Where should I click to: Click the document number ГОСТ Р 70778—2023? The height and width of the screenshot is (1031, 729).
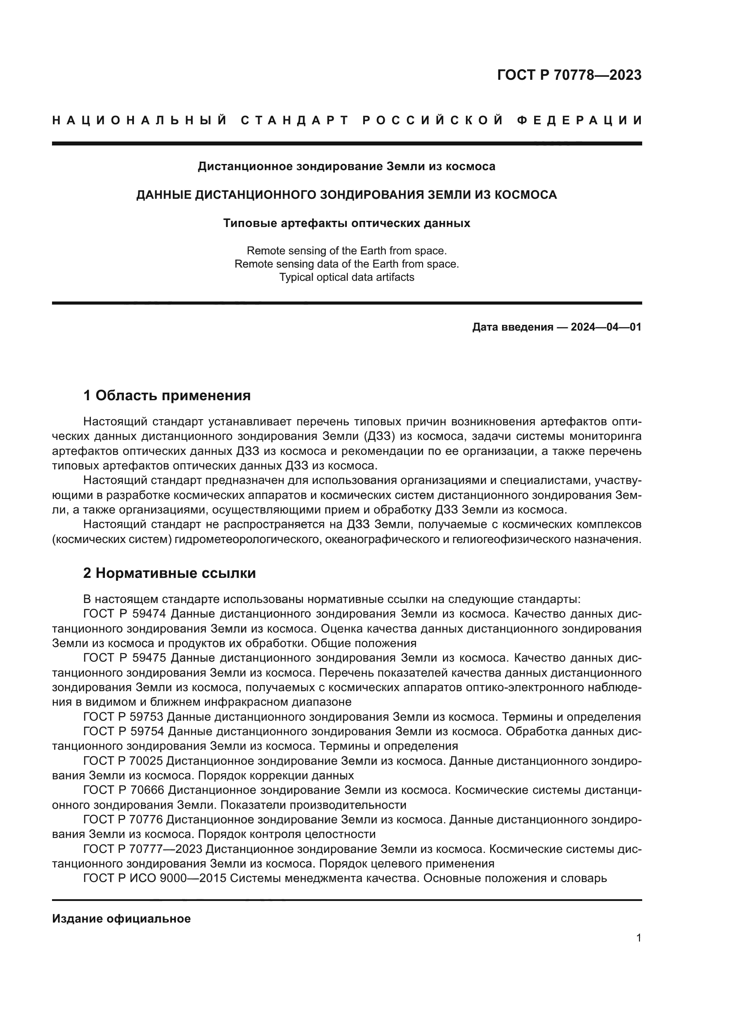point(569,75)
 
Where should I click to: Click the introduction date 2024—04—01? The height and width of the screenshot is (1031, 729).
point(606,327)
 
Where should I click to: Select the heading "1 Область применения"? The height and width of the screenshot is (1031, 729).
point(167,395)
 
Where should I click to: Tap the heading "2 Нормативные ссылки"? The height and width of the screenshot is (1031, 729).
point(169,573)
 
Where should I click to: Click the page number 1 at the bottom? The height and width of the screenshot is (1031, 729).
point(639,938)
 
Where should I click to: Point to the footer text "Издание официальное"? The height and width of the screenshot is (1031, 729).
point(121,919)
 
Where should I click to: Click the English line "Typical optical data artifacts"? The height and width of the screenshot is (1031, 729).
point(346,277)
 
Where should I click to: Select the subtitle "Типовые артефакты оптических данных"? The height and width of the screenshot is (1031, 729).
point(346,223)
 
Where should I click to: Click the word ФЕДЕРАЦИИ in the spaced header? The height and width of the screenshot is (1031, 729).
point(580,120)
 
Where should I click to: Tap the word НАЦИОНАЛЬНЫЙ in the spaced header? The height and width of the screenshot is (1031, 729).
point(140,120)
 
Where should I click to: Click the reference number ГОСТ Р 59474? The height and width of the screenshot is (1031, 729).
point(125,614)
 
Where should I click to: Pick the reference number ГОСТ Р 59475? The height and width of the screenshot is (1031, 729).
point(125,658)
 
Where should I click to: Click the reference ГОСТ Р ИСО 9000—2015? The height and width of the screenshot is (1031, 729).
point(155,878)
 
